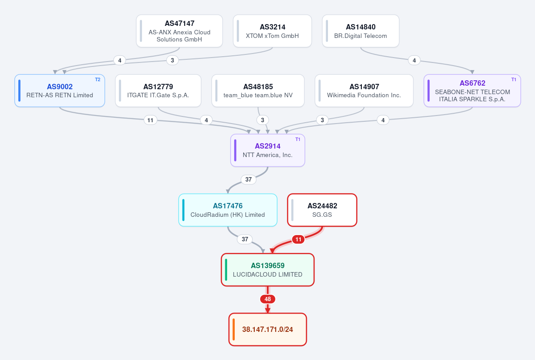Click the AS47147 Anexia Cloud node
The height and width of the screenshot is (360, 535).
pyautogui.click(x=179, y=31)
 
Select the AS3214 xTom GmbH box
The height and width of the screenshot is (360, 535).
pyautogui.click(x=272, y=31)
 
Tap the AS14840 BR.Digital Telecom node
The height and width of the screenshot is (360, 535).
pyautogui.click(x=361, y=31)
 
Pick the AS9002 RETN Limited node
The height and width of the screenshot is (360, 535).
pyautogui.click(x=60, y=91)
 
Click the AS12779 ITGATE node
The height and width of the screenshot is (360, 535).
pyautogui.click(x=158, y=91)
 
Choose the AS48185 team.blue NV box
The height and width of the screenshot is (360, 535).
pyautogui.click(x=258, y=91)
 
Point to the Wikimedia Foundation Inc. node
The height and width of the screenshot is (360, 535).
pyautogui.click(x=364, y=91)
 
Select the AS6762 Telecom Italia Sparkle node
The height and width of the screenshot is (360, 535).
pyautogui.click(x=472, y=91)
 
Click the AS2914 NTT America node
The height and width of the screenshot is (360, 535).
pyautogui.click(x=268, y=150)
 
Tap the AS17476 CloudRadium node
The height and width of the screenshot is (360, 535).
pyautogui.click(x=228, y=210)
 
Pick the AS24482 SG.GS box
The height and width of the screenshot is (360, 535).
pyautogui.click(x=322, y=210)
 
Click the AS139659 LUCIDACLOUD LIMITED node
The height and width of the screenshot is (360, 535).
pyautogui.click(x=268, y=270)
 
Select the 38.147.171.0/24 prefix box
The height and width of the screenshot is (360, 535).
pyautogui.click(x=268, y=330)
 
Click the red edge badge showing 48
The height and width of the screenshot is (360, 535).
pyautogui.click(x=268, y=299)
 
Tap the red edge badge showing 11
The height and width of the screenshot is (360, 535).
pyautogui.click(x=298, y=240)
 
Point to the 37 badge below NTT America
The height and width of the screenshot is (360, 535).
pyautogui.click(x=249, y=179)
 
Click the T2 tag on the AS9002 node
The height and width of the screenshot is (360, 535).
pyautogui.click(x=98, y=79)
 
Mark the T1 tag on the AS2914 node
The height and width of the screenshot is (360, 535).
pyautogui.click(x=298, y=139)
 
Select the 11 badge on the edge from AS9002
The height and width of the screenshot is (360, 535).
pyautogui.click(x=150, y=120)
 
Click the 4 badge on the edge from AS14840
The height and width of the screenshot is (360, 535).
pyautogui.click(x=414, y=60)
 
